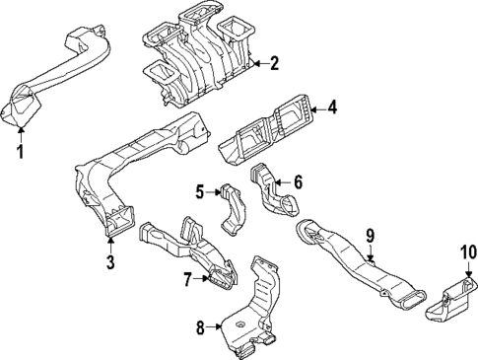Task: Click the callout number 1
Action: click(18, 152)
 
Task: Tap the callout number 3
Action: click(110, 261)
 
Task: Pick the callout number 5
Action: click(198, 192)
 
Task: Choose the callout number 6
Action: click(298, 181)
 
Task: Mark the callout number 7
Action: click(185, 279)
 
